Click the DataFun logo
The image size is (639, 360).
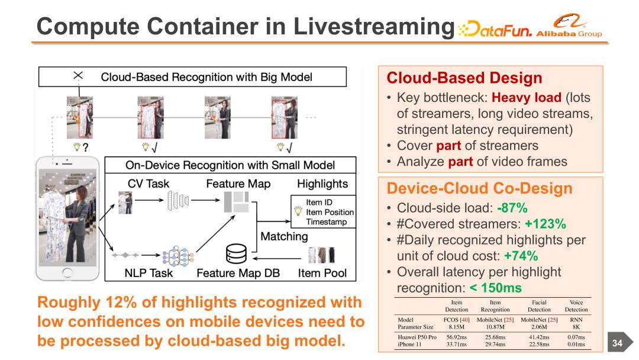[495, 28]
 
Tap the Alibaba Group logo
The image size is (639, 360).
[569, 25]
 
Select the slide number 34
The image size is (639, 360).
[617, 343]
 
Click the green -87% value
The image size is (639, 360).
[512, 208]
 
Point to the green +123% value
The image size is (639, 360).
[546, 224]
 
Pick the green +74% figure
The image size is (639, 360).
[521, 256]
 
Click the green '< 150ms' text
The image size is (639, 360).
[496, 288]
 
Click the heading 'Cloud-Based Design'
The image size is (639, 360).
[464, 78]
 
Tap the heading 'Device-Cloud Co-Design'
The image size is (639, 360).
[480, 188]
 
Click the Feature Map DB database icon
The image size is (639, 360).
[236, 253]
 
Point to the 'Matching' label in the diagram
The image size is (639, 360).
[284, 236]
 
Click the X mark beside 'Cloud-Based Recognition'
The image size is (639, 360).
[78, 75]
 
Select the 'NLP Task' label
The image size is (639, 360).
[149, 273]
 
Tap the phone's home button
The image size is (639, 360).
[67, 272]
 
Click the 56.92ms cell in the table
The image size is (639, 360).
[456, 337]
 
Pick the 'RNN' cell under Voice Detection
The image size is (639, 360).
[576, 320]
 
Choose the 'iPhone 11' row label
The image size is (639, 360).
[409, 344]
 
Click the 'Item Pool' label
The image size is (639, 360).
[322, 273]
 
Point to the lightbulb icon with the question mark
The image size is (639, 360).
[77, 147]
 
